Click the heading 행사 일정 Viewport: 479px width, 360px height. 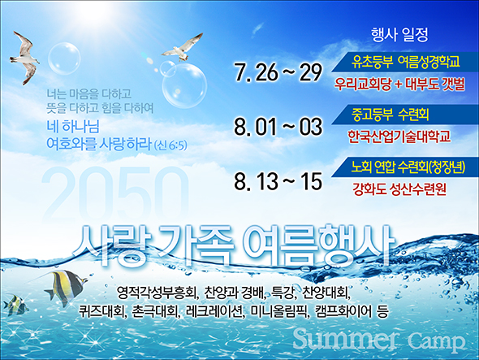pyautogui.click(x=399, y=34)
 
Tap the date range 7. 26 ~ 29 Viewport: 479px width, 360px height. pyautogui.click(x=278, y=73)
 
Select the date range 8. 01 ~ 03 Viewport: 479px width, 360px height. pyautogui.click(x=278, y=127)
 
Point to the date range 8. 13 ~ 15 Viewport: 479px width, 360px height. pyautogui.click(x=278, y=181)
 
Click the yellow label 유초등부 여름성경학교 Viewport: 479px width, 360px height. pyautogui.click(x=406, y=62)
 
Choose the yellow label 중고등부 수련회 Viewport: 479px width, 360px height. pyautogui.click(x=391, y=115)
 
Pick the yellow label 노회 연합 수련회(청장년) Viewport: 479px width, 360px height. pyautogui.click(x=408, y=167)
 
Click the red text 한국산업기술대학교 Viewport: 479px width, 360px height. pyautogui.click(x=399, y=136)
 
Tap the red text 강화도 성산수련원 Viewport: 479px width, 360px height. pyautogui.click(x=399, y=189)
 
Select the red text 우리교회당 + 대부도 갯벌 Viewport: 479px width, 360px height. pyautogui.click(x=399, y=84)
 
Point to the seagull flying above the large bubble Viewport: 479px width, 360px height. pyautogui.click(x=183, y=47)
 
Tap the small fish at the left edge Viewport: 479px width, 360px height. pyautogui.click(x=15, y=304)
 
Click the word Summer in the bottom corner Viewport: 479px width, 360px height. pyautogui.click(x=346, y=339)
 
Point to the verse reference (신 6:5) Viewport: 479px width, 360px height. pyautogui.click(x=170, y=145)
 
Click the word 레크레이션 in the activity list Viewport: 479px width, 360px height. pyautogui.click(x=214, y=312)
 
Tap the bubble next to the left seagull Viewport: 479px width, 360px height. pyautogui.click(x=64, y=59)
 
